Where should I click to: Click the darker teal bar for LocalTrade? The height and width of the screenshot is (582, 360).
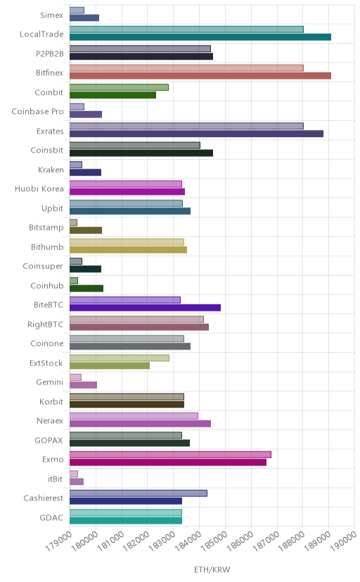point(200,37)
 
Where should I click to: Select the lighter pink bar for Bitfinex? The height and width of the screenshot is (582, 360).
point(187,68)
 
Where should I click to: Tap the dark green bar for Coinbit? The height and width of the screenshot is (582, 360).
point(112,95)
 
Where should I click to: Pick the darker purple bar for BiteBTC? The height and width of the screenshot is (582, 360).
point(145,308)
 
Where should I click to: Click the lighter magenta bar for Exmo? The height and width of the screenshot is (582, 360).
point(170,455)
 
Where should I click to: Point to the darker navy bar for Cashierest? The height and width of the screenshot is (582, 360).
point(126,501)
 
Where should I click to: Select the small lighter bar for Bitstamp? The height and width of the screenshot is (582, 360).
point(74,223)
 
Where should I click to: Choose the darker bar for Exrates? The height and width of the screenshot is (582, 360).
point(196,134)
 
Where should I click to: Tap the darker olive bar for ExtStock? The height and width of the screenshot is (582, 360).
point(110,366)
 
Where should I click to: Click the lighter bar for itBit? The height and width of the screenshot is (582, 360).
point(74,474)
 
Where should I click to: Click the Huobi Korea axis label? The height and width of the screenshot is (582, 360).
point(39,189)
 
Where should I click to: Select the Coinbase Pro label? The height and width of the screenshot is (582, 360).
point(37,112)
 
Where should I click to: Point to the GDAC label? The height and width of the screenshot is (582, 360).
point(51,518)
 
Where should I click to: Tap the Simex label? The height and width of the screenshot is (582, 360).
point(51,15)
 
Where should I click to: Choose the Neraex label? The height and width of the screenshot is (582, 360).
point(50,421)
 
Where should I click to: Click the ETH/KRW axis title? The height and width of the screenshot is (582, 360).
point(212,570)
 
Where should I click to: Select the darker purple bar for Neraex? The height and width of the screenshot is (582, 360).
point(141,424)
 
